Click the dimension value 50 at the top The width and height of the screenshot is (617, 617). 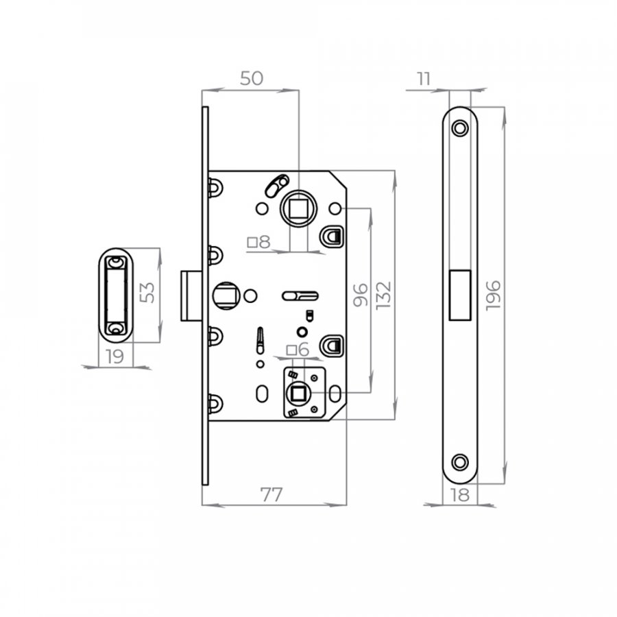(252, 78)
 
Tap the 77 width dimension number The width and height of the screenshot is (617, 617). (271, 494)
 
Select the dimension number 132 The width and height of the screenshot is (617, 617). (383, 295)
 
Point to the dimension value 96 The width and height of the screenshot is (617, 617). (360, 295)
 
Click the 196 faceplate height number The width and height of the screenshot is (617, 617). (493, 295)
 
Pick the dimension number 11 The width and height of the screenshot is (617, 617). (424, 79)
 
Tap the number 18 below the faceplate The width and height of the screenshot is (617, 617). (459, 495)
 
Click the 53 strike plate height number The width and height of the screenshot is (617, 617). (147, 293)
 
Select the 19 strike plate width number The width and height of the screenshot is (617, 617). (115, 356)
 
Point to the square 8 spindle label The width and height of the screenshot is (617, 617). (258, 242)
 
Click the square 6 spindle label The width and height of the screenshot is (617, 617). (298, 350)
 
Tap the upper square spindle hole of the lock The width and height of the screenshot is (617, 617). (298, 208)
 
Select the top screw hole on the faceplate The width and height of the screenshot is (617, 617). (459, 128)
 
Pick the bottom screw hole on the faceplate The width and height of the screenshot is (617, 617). (459, 462)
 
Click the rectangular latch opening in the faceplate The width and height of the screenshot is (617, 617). (460, 295)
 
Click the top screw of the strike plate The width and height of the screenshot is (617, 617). (116, 262)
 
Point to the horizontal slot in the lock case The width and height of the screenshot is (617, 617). (300, 296)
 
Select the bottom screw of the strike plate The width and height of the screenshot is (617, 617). (116, 328)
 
